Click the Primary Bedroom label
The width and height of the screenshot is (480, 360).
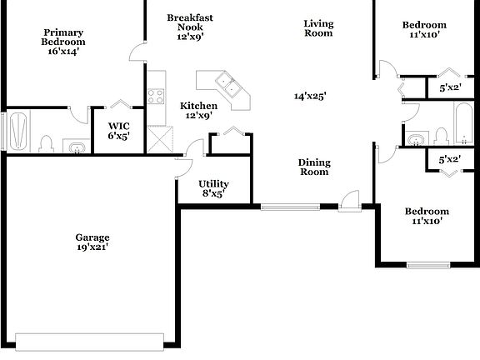click(x=63, y=42)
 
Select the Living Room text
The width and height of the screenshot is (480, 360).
click(x=318, y=28)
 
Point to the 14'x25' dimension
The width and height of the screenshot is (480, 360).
click(x=310, y=96)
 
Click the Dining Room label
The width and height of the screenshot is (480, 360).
click(x=314, y=167)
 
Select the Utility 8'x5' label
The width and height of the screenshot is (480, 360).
click(x=213, y=189)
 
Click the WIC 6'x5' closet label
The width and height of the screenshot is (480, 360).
click(x=117, y=131)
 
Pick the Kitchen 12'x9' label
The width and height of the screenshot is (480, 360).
click(x=198, y=110)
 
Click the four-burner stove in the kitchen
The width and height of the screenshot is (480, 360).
click(x=156, y=96)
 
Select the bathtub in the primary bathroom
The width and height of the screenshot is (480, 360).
click(x=20, y=132)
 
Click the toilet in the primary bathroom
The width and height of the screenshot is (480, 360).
click(x=47, y=143)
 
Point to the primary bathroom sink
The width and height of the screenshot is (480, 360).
click(x=76, y=148)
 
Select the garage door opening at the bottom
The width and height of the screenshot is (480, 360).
click(x=90, y=340)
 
